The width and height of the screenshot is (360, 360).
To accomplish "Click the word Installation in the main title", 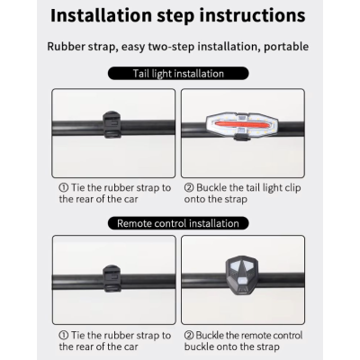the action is click(102, 15).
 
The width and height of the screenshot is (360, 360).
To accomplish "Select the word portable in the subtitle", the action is click(286, 47).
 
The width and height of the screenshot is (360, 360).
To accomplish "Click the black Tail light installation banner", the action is click(178, 74).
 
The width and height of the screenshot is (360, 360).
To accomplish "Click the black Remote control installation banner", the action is click(178, 223).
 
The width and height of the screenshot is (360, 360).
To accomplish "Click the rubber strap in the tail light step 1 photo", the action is click(112, 125).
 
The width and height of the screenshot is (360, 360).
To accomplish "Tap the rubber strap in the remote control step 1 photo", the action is click(112, 279).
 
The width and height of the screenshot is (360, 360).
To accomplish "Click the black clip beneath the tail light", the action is click(241, 138).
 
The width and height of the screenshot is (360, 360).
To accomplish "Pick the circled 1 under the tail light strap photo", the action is click(64, 188).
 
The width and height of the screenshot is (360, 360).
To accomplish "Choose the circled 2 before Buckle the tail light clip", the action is click(189, 188).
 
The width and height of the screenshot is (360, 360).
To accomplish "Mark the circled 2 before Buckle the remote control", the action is click(189, 336).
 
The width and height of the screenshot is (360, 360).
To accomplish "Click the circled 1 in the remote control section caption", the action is click(64, 336).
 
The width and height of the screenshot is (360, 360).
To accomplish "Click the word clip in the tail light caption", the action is click(292, 189).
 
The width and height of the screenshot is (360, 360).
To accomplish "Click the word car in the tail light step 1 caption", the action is click(130, 200).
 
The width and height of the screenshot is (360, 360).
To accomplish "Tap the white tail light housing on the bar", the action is click(242, 124).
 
